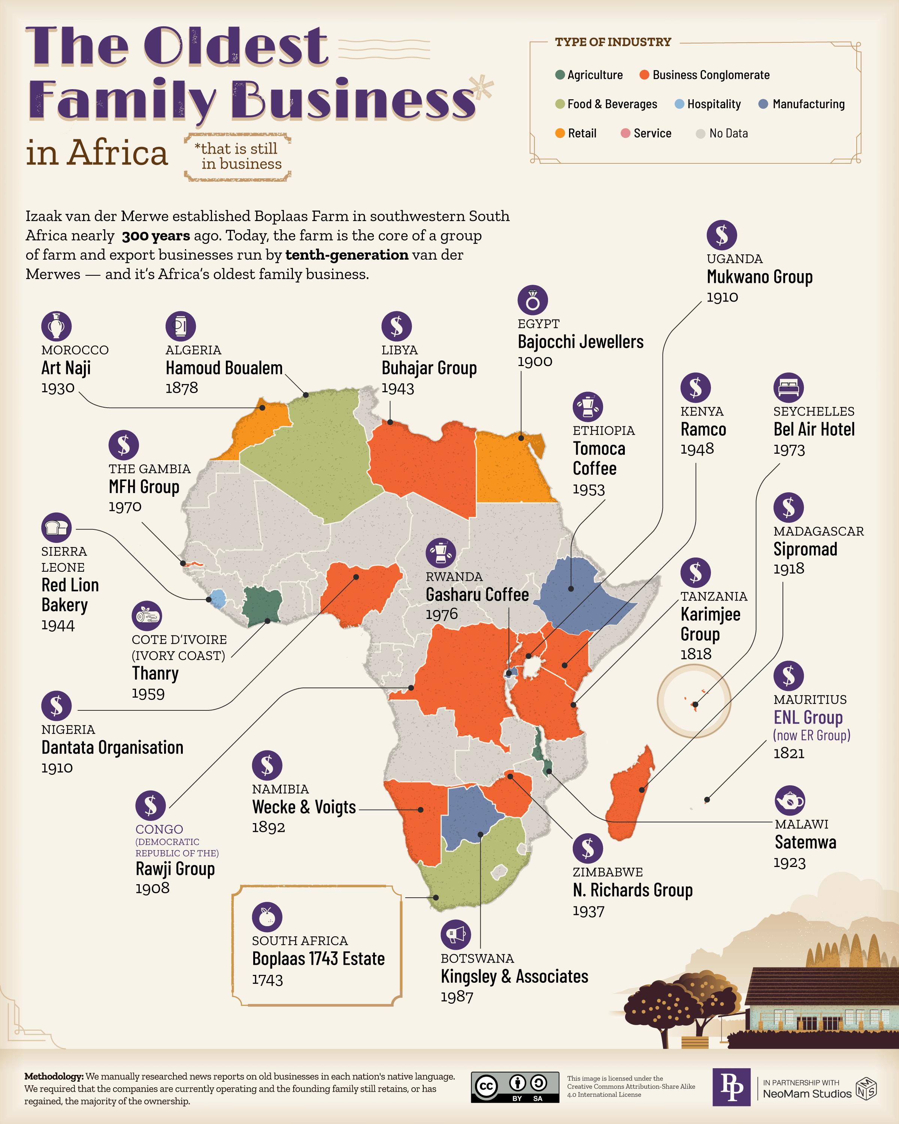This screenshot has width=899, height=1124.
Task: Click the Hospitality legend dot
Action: (x=679, y=104)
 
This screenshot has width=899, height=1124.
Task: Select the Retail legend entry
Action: (x=575, y=133)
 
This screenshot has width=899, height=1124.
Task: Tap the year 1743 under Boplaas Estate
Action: (x=267, y=980)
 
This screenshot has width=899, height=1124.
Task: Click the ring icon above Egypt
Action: (x=532, y=300)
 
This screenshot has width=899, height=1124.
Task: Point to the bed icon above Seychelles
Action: (x=788, y=387)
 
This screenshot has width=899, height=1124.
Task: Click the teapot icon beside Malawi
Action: (x=790, y=800)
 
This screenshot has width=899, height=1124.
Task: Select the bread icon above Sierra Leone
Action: (x=56, y=528)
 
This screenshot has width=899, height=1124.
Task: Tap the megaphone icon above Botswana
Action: (x=455, y=935)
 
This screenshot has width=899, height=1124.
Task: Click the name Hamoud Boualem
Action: (x=224, y=368)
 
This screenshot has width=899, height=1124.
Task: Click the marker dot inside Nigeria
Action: (x=356, y=577)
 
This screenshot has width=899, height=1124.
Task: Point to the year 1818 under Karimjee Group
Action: (x=695, y=654)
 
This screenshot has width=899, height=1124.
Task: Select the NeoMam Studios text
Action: (x=807, y=1094)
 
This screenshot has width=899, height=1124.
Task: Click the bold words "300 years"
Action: (x=156, y=236)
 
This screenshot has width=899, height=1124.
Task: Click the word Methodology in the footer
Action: (x=54, y=1076)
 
